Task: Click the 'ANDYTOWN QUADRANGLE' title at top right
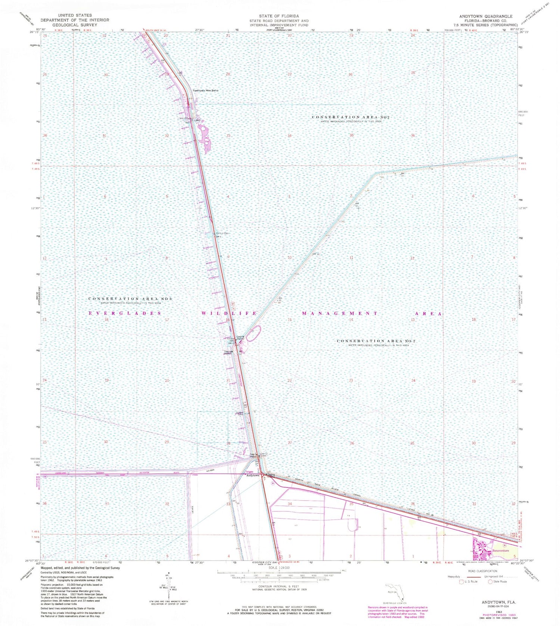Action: [x=486, y=16]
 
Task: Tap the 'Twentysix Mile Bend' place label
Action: [x=205, y=91]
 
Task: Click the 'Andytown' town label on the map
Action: [x=253, y=476]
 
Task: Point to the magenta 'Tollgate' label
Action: [x=249, y=472]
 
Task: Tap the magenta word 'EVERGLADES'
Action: [x=125, y=313]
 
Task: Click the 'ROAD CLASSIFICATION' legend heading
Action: [x=485, y=571]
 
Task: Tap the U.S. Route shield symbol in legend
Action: [x=461, y=582]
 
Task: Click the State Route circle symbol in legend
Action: [x=490, y=582]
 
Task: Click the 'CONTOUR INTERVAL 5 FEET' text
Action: [x=279, y=586]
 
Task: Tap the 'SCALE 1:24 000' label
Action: [x=279, y=567]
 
